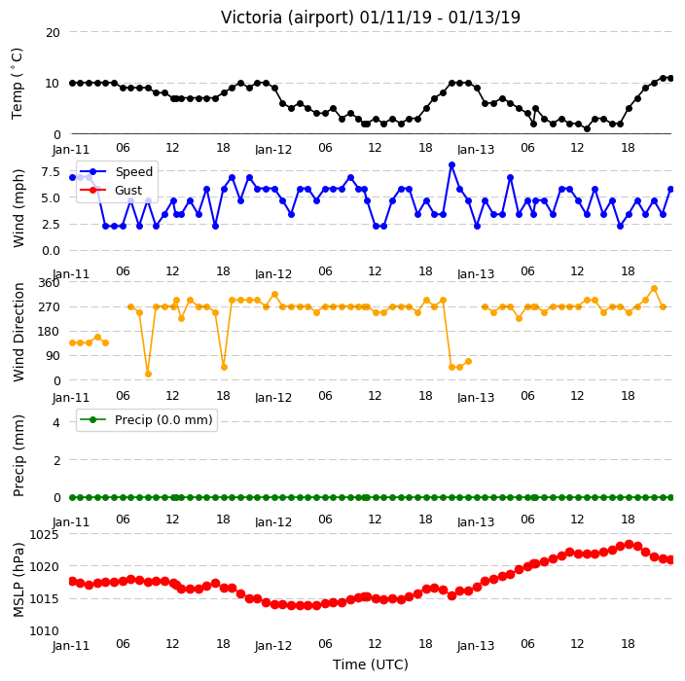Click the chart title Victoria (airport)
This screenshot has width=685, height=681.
pos(288,18)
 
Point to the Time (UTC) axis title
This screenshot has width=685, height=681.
pos(371,664)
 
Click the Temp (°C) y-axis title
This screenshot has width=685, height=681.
pos(18,84)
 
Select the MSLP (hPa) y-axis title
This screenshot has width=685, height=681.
pos(18,580)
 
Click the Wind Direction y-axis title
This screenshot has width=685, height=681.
pos(18,332)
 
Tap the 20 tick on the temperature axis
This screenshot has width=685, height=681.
pos(53,33)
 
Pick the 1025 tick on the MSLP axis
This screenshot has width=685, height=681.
pos(44,534)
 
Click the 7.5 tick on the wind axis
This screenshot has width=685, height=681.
pos(51,171)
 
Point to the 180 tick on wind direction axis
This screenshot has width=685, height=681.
pos(49,332)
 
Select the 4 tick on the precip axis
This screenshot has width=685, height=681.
pos(56,422)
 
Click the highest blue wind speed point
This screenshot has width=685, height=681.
pos(451,165)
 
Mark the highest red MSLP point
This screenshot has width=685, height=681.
pos(630,544)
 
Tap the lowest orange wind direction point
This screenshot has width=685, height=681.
pos(148,374)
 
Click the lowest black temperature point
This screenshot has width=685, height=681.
pos(587,128)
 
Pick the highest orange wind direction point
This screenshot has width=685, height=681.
pos(654,289)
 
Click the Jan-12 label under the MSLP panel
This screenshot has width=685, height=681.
pos(273,646)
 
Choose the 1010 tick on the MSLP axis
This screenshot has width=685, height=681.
pos(44,631)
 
